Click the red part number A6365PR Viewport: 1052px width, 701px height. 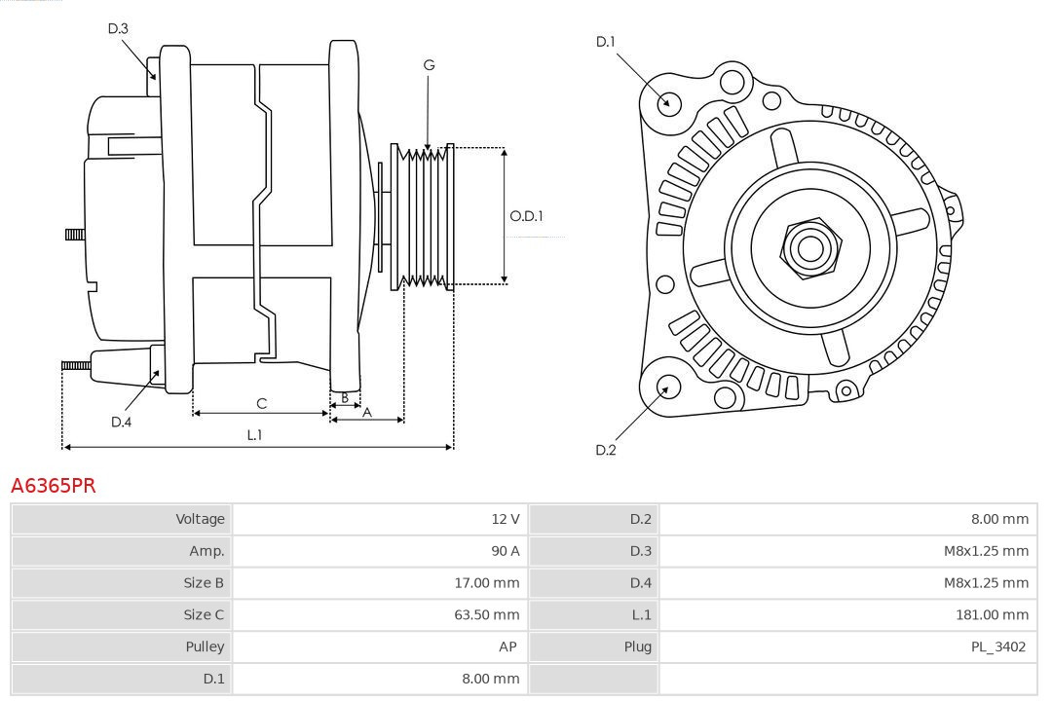click(x=54, y=485)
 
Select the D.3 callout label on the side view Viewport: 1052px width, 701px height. click(x=118, y=29)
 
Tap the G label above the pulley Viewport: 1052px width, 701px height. click(x=429, y=65)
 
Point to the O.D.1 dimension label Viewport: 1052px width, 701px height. click(x=526, y=216)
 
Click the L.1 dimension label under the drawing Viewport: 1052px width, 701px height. click(x=253, y=435)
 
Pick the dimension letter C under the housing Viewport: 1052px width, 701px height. click(x=261, y=403)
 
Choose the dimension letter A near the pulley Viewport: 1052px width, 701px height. click(x=367, y=412)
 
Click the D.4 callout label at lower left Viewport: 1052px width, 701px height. click(x=121, y=422)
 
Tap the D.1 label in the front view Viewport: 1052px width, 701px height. click(x=606, y=42)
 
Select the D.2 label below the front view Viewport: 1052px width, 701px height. click(x=606, y=450)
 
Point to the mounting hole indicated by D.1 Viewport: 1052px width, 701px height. click(x=669, y=102)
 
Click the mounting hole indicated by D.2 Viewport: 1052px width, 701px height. click(x=668, y=387)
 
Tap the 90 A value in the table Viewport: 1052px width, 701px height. click(x=505, y=551)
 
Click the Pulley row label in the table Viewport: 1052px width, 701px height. click(x=205, y=646)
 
